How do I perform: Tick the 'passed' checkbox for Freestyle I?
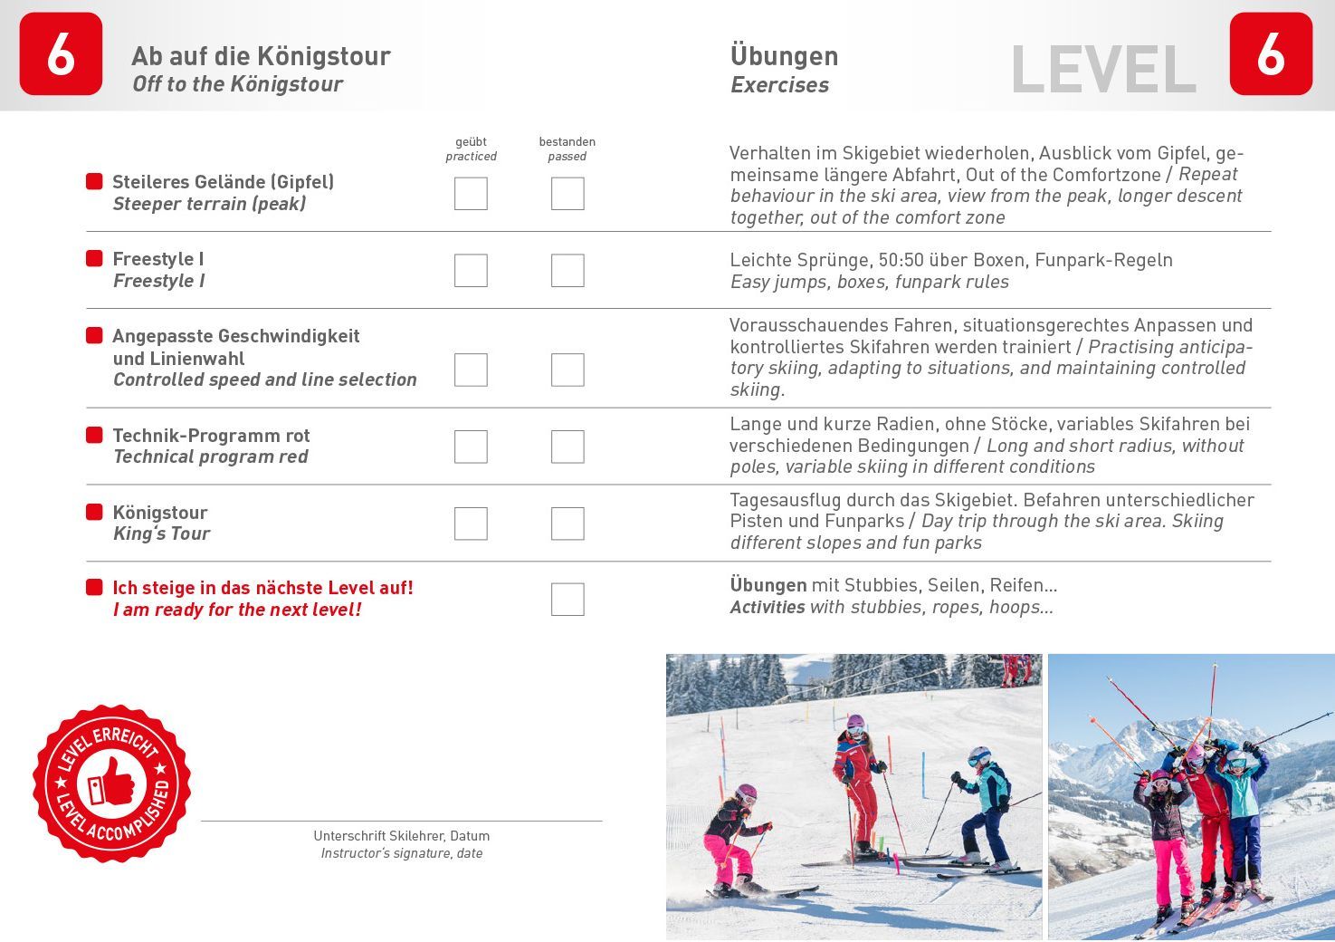[x=567, y=270]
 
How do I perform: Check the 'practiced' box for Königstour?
[x=471, y=524]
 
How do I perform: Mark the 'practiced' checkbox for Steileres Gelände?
[x=471, y=194]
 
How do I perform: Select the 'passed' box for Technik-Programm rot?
[x=567, y=447]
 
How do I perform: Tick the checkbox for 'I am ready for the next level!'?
[x=567, y=600]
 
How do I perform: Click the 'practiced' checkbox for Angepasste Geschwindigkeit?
[x=471, y=370]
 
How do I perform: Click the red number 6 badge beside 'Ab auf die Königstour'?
[x=61, y=54]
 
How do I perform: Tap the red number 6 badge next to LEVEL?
[x=1271, y=54]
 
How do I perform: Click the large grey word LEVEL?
[x=1103, y=70]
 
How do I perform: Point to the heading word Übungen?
[x=784, y=56]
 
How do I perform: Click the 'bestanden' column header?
[x=567, y=141]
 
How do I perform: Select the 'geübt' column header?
[x=471, y=141]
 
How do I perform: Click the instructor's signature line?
[x=401, y=820]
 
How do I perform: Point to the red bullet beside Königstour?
[x=94, y=513]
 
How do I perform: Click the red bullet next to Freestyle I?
[x=94, y=259]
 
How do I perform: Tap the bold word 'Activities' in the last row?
[x=768, y=607]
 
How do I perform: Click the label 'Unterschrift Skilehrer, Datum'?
[x=401, y=836]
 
